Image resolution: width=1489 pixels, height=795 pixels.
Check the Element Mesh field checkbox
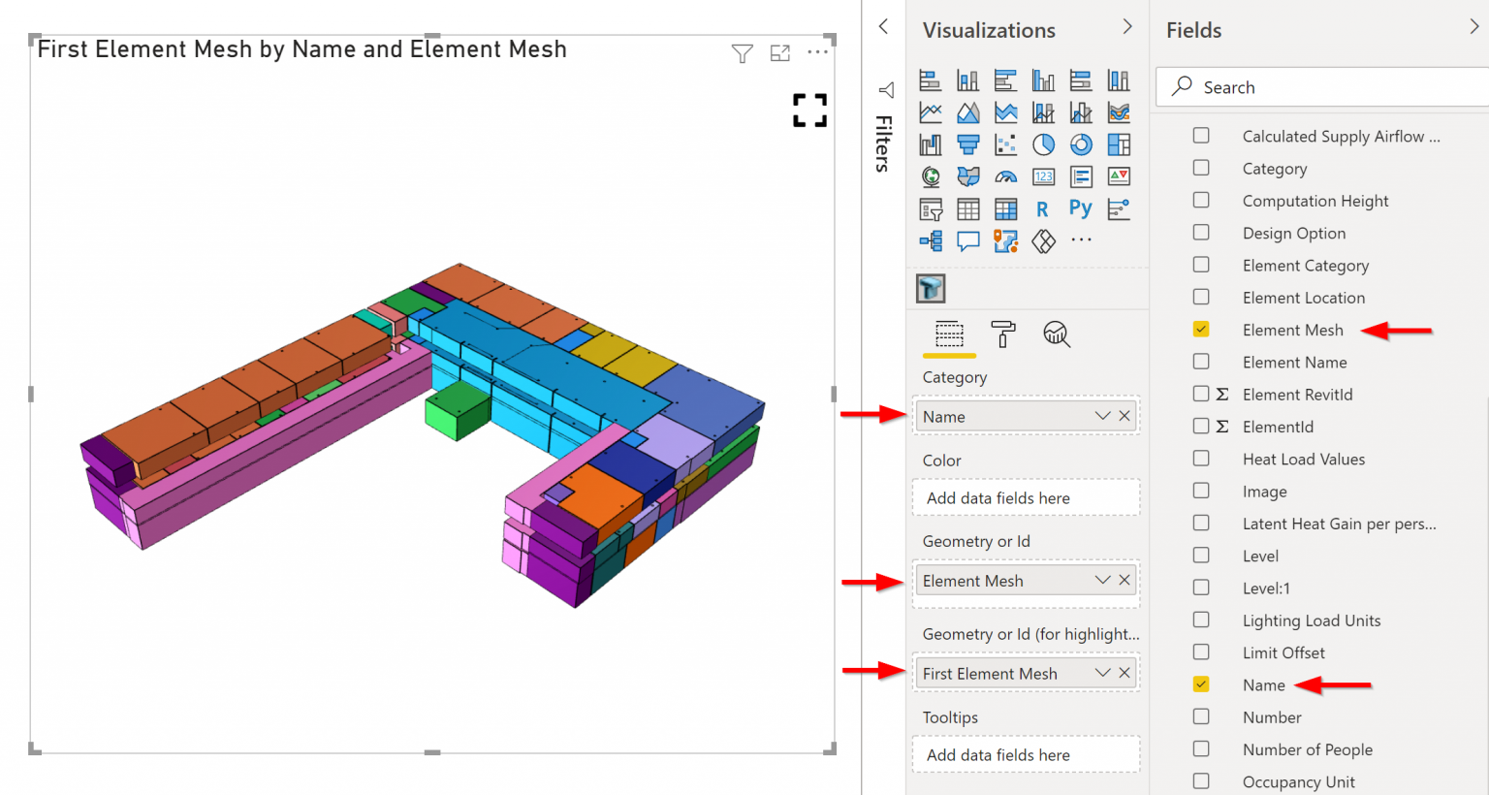point(1201,330)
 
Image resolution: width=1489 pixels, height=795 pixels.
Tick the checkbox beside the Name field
point(1201,684)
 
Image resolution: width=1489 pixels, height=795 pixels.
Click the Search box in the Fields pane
point(1328,87)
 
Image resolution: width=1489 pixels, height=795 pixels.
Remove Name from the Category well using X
point(1125,416)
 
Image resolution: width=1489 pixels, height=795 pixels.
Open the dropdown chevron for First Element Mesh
point(1102,673)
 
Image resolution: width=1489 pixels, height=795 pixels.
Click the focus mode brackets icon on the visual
point(809,111)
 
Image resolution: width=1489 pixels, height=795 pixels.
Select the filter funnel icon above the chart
point(742,53)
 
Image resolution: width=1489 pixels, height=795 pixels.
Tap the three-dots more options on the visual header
point(817,51)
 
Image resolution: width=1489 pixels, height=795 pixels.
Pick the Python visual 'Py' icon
point(1080,208)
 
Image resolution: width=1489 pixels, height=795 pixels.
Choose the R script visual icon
point(1042,209)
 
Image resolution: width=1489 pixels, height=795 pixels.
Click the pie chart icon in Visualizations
point(1043,144)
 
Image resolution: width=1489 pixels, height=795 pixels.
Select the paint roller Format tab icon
point(1003,334)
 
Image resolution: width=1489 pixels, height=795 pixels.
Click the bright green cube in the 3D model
point(457,410)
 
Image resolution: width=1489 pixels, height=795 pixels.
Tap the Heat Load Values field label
point(1303,460)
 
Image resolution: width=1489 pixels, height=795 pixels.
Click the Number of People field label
point(1307,749)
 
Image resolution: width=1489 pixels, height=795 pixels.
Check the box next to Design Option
point(1201,233)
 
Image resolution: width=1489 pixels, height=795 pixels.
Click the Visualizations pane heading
point(989,30)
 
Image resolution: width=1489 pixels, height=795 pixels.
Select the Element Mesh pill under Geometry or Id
point(1003,581)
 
